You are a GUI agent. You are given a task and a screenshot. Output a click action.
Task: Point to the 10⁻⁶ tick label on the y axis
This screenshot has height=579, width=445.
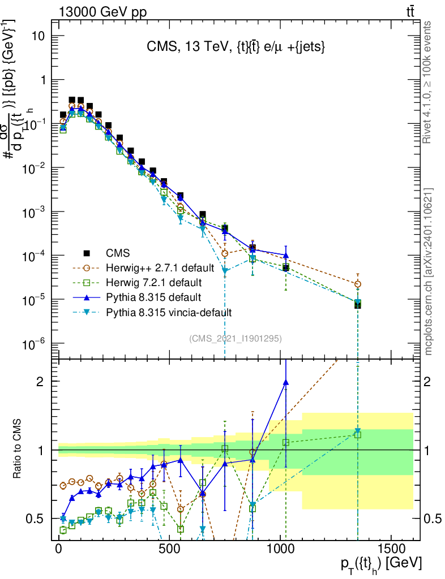pyautogui.click(x=35, y=344)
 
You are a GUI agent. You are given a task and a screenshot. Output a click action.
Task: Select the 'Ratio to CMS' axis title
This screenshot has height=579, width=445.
pyautogui.click(x=18, y=448)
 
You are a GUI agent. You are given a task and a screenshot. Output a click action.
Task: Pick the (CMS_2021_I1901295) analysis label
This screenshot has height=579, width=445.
pyautogui.click(x=236, y=339)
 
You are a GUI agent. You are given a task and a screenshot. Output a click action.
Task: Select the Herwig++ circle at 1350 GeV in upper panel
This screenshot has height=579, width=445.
pyautogui.click(x=357, y=284)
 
